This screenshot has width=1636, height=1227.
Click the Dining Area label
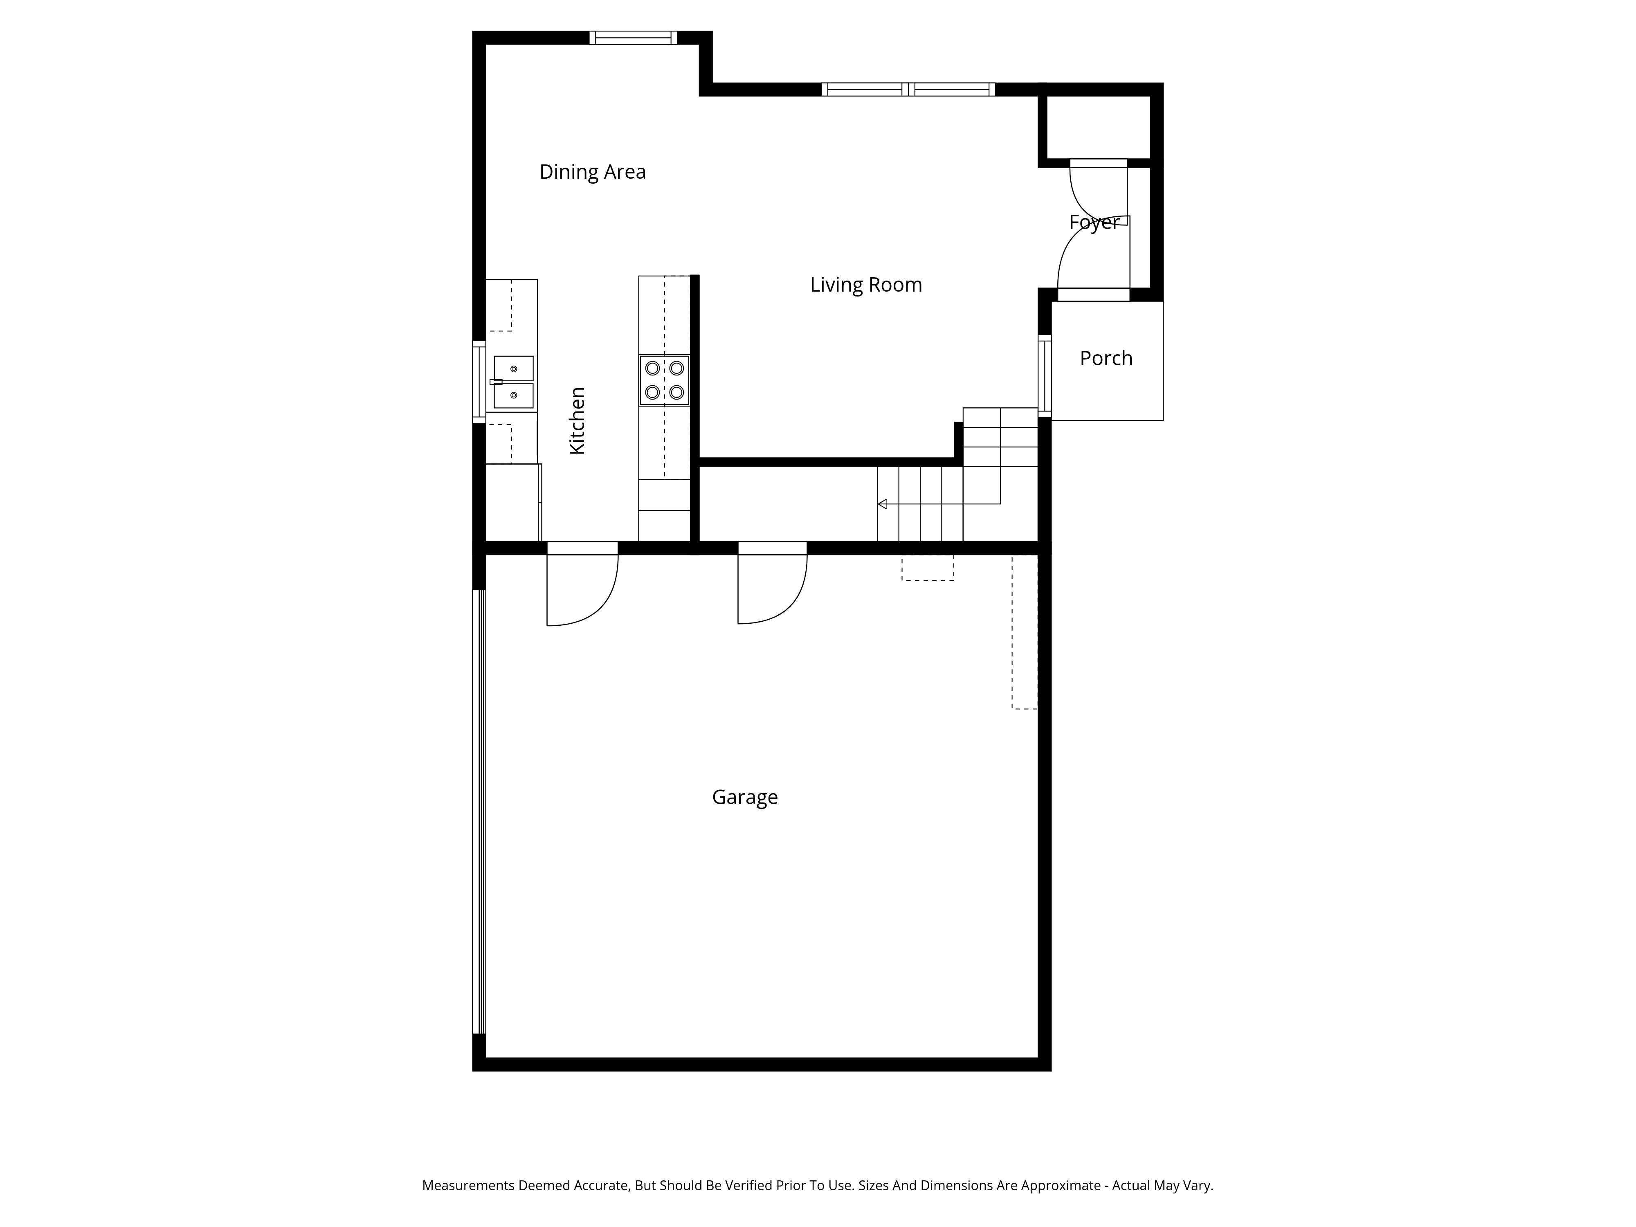pos(592,172)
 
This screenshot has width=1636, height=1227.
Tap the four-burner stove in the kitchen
pos(664,380)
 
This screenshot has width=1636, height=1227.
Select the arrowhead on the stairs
pos(882,503)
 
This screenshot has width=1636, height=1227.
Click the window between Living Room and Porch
pos(1044,373)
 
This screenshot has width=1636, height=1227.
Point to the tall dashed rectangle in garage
pos(1025,632)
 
